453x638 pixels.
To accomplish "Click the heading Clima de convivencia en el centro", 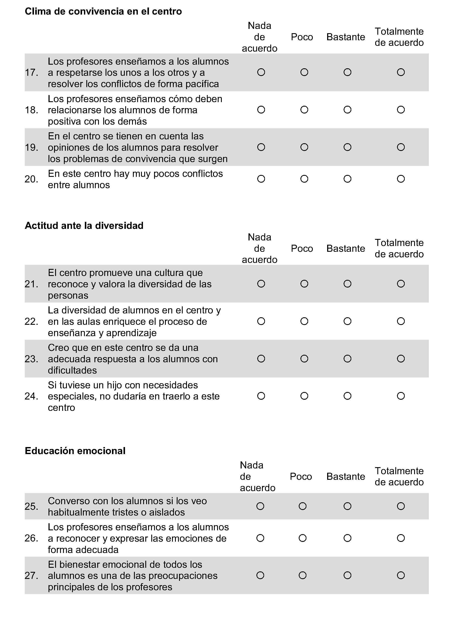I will pyautogui.click(x=103, y=12).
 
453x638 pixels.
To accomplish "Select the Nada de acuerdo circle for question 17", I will pyautogui.click(x=261, y=72).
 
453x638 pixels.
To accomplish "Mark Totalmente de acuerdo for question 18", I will pyautogui.click(x=401, y=110).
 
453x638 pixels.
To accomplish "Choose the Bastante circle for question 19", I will pyautogui.click(x=347, y=147).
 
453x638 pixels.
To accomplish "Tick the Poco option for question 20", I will pyautogui.click(x=304, y=179).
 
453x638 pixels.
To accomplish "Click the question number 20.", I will pyautogui.click(x=31, y=179).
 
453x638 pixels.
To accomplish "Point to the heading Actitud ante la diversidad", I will pyautogui.click(x=84, y=225).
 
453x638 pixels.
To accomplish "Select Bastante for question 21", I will pyautogui.click(x=347, y=284).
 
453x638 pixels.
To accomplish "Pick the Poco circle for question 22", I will pyautogui.click(x=304, y=321).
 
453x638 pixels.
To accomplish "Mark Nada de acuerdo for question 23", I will pyautogui.click(x=261, y=359).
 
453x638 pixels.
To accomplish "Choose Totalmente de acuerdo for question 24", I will pyautogui.click(x=401, y=396).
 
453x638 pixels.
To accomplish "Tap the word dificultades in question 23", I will pyautogui.click(x=72, y=370).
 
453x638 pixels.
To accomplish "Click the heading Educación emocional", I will pyautogui.click(x=75, y=451).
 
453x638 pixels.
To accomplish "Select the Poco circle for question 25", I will pyautogui.click(x=303, y=506).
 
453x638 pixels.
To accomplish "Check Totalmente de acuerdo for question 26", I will pyautogui.click(x=401, y=538).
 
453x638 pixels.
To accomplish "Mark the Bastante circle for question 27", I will pyautogui.click(x=347, y=575).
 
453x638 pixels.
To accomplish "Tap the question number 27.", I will pyautogui.click(x=31, y=576).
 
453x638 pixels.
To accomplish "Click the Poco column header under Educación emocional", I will pyautogui.click(x=301, y=477).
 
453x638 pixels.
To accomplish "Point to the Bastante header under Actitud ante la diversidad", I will pyautogui.click(x=346, y=248).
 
